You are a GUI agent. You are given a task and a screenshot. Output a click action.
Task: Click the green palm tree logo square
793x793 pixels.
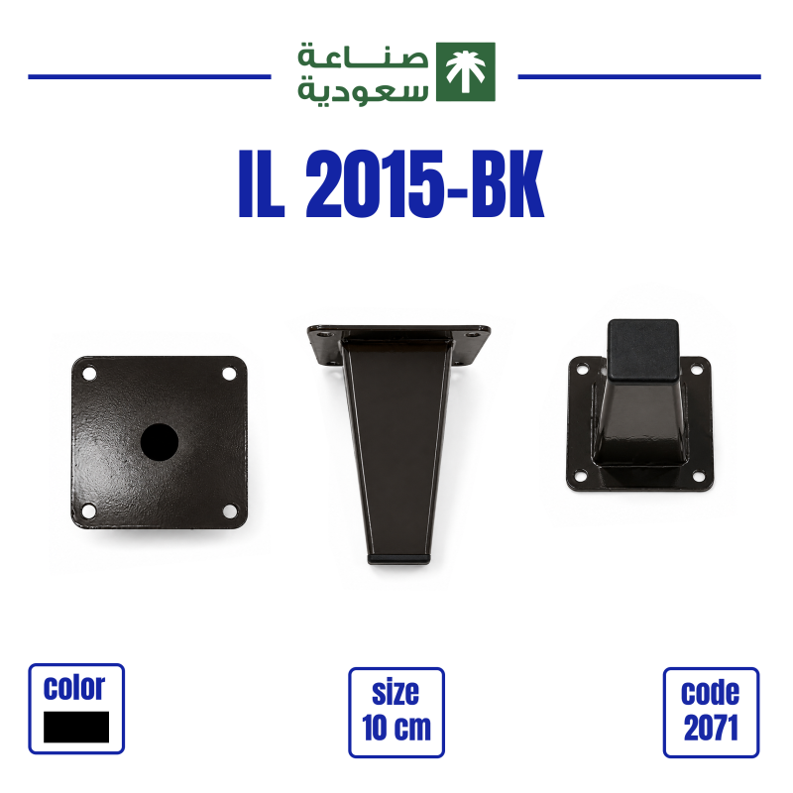(465, 71)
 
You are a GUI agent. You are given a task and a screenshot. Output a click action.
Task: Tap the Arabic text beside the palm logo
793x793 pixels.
(363, 72)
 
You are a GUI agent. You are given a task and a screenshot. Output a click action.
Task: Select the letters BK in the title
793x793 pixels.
(508, 184)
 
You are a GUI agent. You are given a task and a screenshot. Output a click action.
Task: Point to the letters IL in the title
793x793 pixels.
(262, 184)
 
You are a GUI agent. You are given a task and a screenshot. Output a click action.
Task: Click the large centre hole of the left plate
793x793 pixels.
(160, 442)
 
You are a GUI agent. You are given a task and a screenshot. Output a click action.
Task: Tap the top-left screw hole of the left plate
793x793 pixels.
(89, 375)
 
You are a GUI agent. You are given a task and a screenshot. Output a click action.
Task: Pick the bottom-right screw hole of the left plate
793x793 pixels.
(230, 511)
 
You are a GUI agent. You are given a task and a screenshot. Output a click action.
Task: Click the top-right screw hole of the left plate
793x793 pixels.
(229, 375)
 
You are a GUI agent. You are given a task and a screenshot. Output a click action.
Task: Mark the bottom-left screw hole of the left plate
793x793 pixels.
(89, 510)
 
